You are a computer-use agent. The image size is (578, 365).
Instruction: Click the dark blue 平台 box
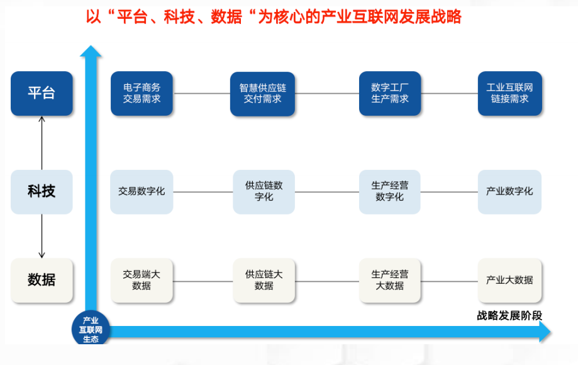point(42,93)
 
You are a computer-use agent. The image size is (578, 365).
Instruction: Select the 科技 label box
point(42,191)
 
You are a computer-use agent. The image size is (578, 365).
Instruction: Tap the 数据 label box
point(42,280)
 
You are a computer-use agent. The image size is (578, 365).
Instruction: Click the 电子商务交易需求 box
point(142,93)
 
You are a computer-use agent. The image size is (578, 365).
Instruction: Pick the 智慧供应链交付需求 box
point(262,93)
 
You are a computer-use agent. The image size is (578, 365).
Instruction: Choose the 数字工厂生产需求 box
point(390,93)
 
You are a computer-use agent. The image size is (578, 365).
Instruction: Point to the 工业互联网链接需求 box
point(509,93)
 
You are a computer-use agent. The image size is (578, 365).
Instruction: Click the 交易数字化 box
point(142,191)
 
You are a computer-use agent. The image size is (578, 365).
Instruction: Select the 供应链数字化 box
point(264,191)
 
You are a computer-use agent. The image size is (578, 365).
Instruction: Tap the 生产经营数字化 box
point(390,191)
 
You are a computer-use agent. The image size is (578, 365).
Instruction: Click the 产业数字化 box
point(509,191)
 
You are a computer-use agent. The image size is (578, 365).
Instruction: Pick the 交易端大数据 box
point(142,280)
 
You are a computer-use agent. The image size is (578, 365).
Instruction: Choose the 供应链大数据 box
point(264,280)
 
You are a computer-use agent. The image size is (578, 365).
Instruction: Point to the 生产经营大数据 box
point(390,280)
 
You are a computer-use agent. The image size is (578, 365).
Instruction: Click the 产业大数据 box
point(509,280)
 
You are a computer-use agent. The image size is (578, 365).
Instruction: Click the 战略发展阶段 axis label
point(509,315)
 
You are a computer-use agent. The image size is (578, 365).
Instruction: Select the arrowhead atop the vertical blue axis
point(91,52)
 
